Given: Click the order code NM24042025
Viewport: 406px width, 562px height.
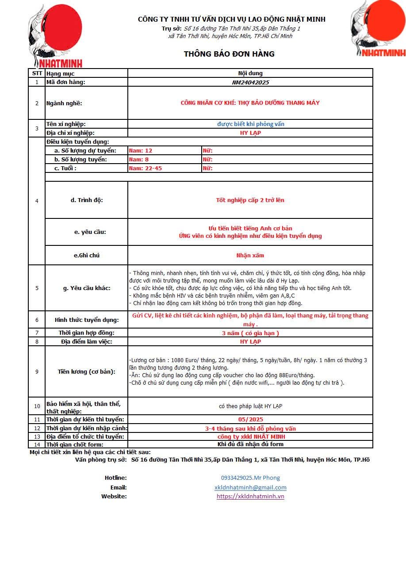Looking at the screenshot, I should pos(250,82).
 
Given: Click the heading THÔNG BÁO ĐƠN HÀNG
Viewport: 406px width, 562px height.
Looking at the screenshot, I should pos(229,54).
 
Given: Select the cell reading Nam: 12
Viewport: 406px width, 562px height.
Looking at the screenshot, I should pos(141,151).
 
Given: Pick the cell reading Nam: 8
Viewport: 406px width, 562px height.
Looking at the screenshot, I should pos(139,160).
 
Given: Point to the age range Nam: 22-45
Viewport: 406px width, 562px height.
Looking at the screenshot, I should pos(145,168).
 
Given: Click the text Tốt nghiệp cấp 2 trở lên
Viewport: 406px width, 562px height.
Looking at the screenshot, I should pos(250,200).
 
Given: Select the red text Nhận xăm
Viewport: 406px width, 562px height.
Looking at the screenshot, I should pos(250,256).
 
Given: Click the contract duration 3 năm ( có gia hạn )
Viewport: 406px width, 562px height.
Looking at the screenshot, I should pos(250,333).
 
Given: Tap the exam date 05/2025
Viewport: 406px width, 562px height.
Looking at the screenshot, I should pos(250,419).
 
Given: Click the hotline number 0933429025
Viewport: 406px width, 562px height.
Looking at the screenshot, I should pos(250,478).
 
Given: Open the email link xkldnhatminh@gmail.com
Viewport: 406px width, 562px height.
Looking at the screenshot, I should pos(250,487).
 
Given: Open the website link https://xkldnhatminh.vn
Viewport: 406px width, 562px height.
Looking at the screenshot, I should pos(250,496).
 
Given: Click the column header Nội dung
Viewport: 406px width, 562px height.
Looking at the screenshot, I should pos(250,73).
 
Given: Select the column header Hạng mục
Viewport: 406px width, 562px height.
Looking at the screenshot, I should pos(61,73).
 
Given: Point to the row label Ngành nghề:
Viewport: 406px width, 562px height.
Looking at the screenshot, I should pos(64,103).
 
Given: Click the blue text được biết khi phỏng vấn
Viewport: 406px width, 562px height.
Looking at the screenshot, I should pos(250,124).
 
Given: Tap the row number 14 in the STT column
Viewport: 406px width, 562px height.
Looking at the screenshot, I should pos(37,444).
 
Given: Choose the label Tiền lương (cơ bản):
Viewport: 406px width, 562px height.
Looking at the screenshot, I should pos(87,372).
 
